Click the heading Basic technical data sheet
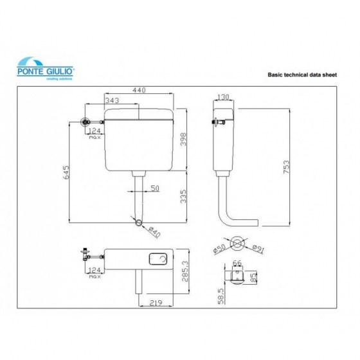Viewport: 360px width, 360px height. [301, 75]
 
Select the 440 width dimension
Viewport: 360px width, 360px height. [139, 91]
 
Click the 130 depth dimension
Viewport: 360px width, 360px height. [223, 96]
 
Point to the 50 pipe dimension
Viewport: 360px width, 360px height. [154, 188]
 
